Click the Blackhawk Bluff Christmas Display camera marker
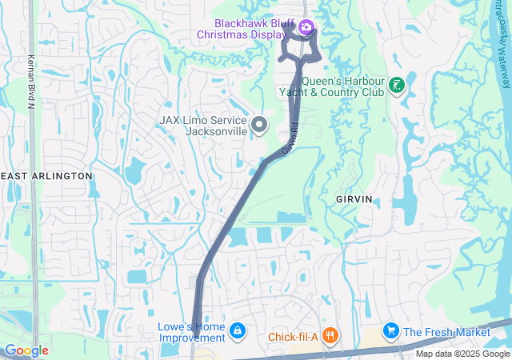(x=305, y=29)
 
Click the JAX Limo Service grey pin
(x=259, y=125)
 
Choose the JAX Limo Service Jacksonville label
(x=202, y=126)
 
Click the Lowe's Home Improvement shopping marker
(x=237, y=330)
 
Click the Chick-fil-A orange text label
(x=294, y=337)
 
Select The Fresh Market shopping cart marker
(x=390, y=330)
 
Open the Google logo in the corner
(x=26, y=350)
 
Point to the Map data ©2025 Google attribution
(x=462, y=354)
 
